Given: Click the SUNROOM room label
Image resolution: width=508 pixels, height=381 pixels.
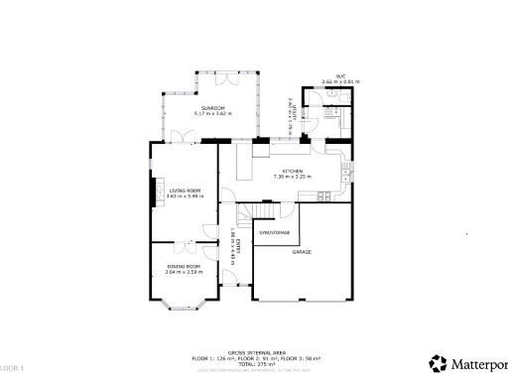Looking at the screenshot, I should coord(212,107).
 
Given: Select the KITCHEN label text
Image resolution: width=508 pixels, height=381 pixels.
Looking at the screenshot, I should coord(292,172).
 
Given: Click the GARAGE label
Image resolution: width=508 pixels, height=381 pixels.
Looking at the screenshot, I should coord(302,253).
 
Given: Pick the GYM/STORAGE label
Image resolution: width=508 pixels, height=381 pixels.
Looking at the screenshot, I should coord(275,232).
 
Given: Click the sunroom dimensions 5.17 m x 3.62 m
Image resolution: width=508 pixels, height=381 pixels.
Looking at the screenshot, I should coord(212,113).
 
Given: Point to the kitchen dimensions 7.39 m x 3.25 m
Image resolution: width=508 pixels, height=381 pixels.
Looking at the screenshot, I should coord(292,178).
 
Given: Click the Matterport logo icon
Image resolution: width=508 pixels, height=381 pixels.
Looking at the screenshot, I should coord(435,362).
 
